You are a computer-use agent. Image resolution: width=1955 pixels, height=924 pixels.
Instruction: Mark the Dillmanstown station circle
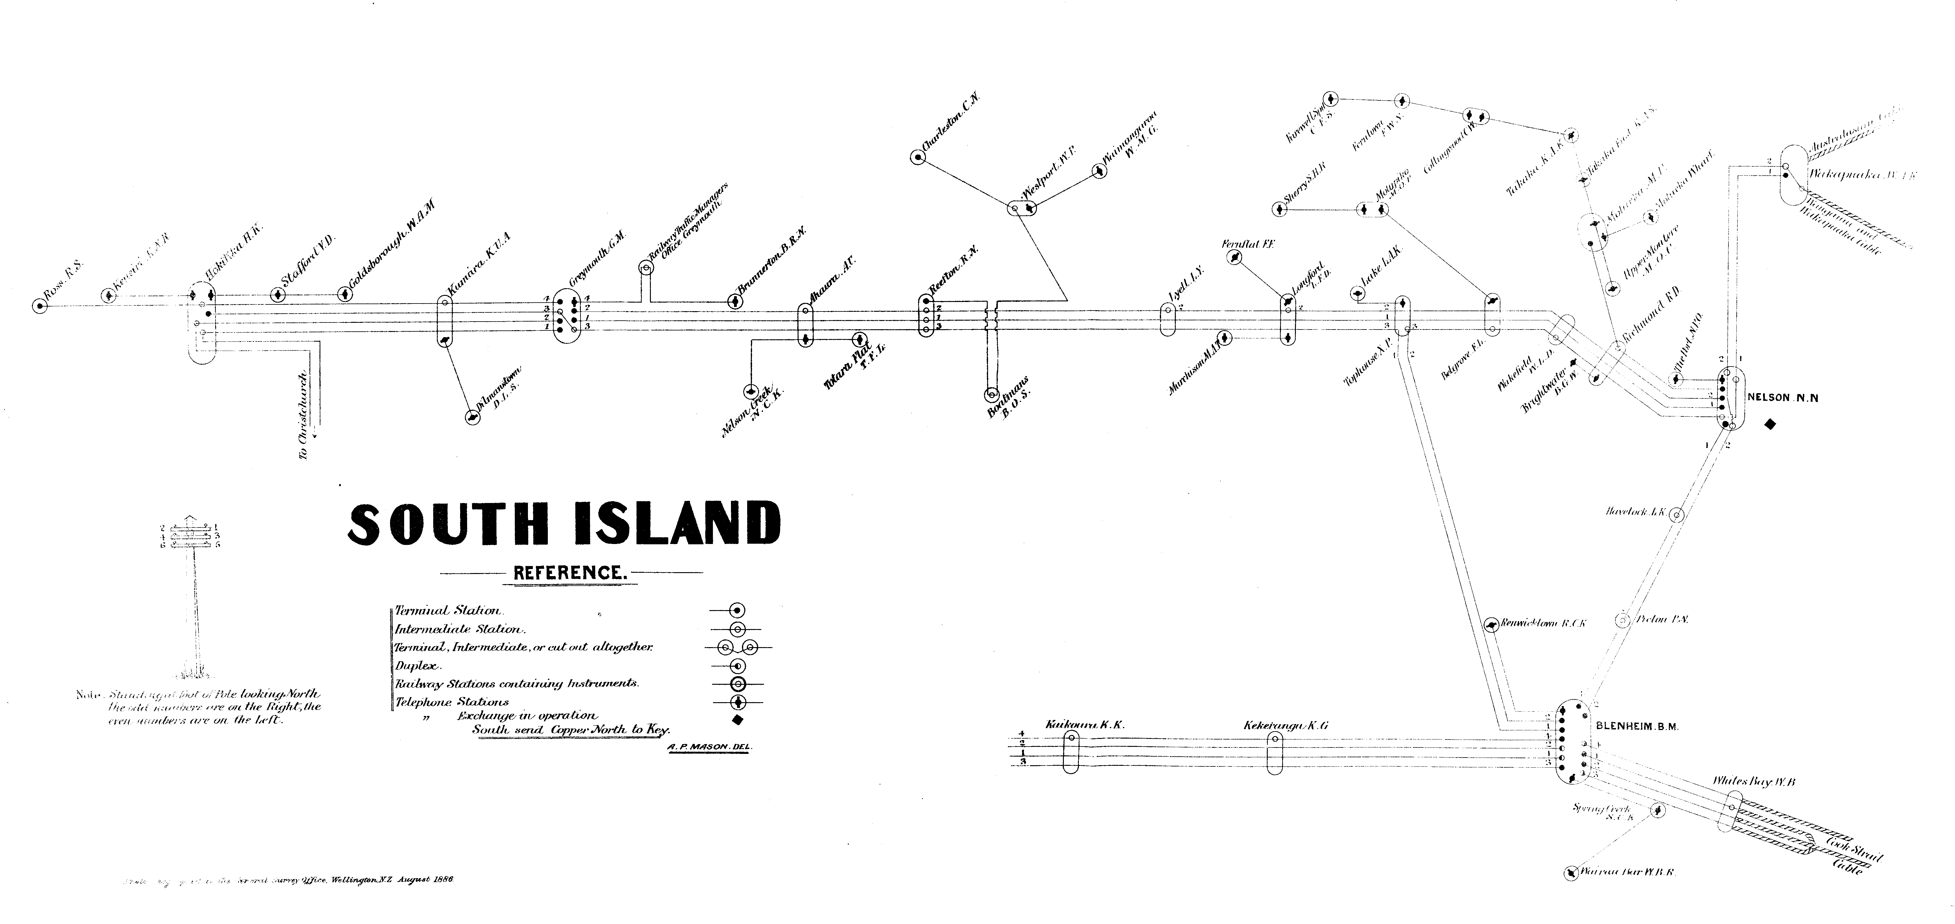tap(473, 418)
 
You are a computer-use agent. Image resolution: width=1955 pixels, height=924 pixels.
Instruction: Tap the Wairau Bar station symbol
tap(1570, 874)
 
